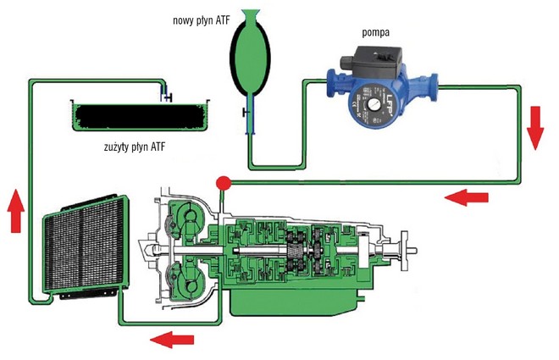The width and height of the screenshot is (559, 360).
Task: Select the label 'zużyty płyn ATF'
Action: coord(139,147)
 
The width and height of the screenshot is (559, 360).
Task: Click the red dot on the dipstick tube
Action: coord(224,181)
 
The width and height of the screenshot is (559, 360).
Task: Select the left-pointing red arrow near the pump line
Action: coord(466,197)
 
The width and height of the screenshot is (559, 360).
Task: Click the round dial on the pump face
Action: coord(372,108)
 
